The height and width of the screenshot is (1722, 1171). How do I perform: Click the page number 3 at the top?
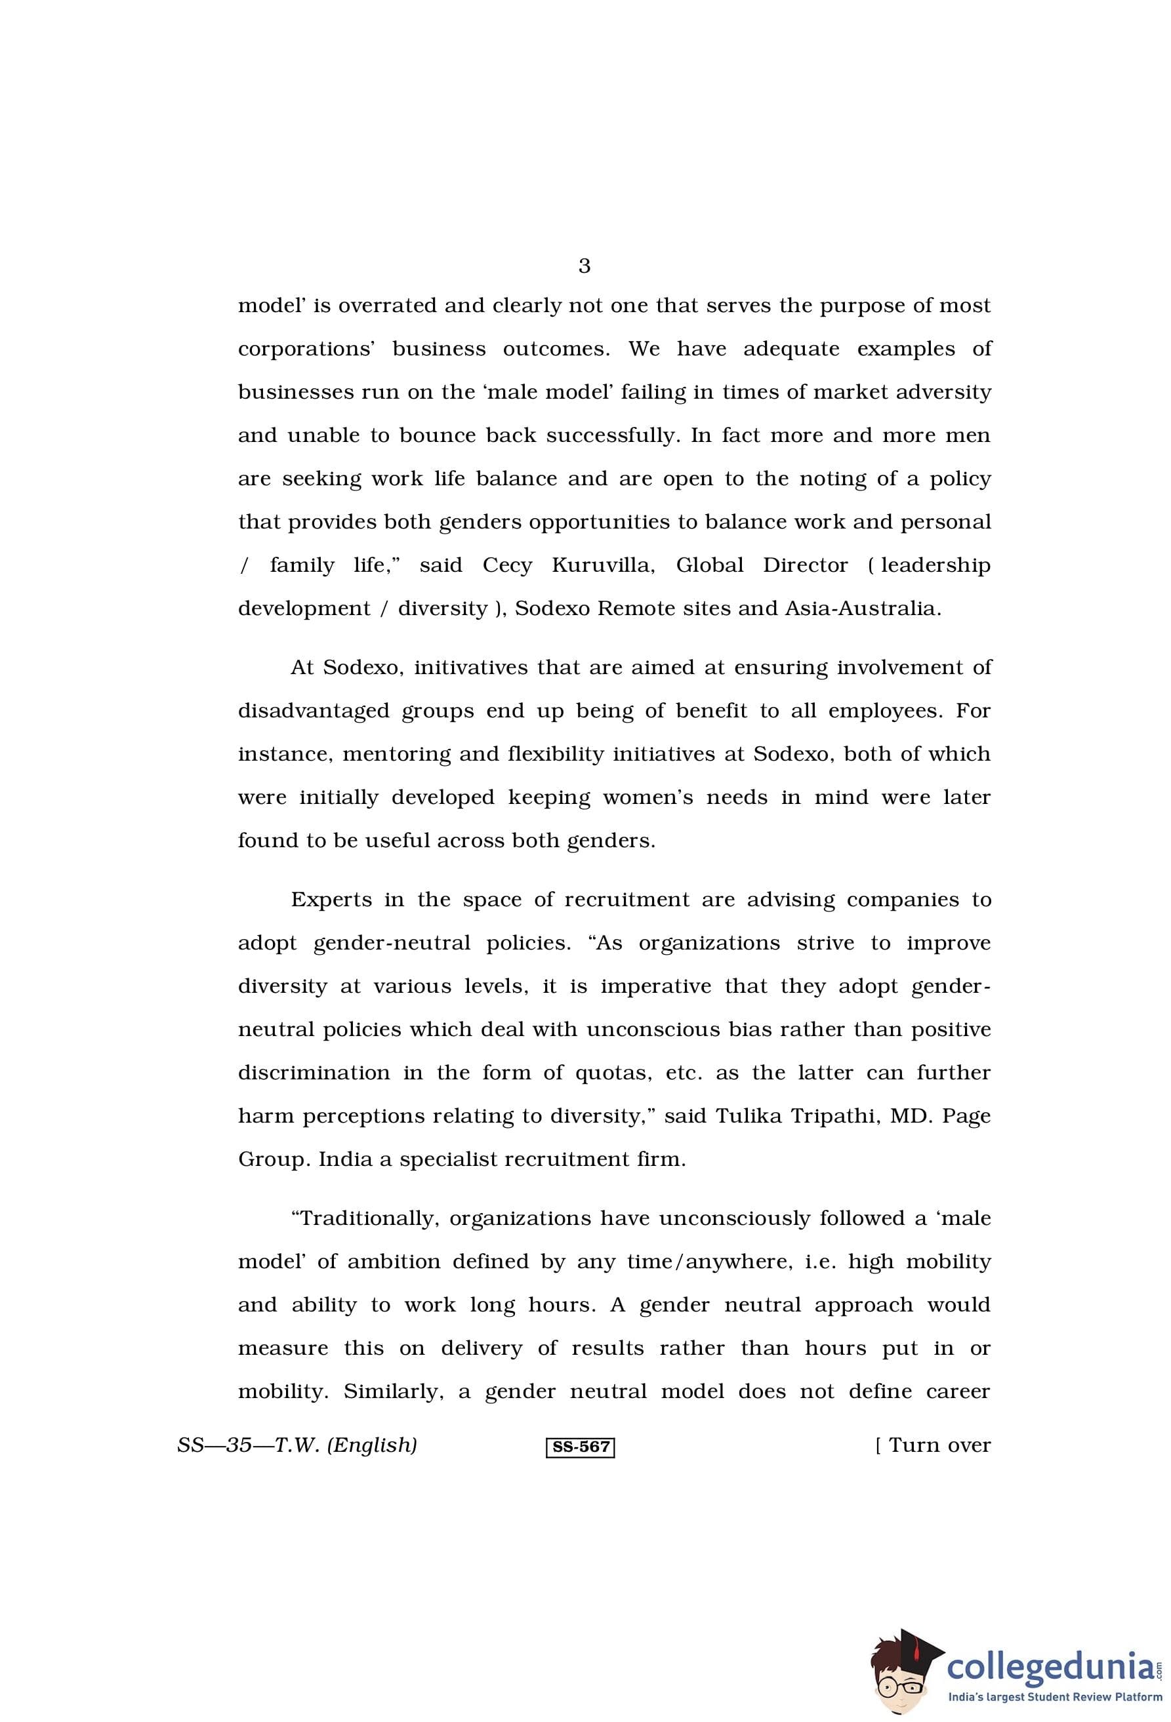pyautogui.click(x=584, y=266)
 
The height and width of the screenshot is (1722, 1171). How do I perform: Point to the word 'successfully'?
pyautogui.click(x=612, y=435)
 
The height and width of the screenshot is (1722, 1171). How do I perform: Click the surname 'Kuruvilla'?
pyautogui.click(x=602, y=565)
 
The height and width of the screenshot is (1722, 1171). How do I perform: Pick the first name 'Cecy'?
pyautogui.click(x=507, y=565)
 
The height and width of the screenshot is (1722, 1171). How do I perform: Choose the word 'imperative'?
pyautogui.click(x=655, y=986)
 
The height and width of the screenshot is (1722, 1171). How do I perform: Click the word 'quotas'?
pyautogui.click(x=613, y=1073)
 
